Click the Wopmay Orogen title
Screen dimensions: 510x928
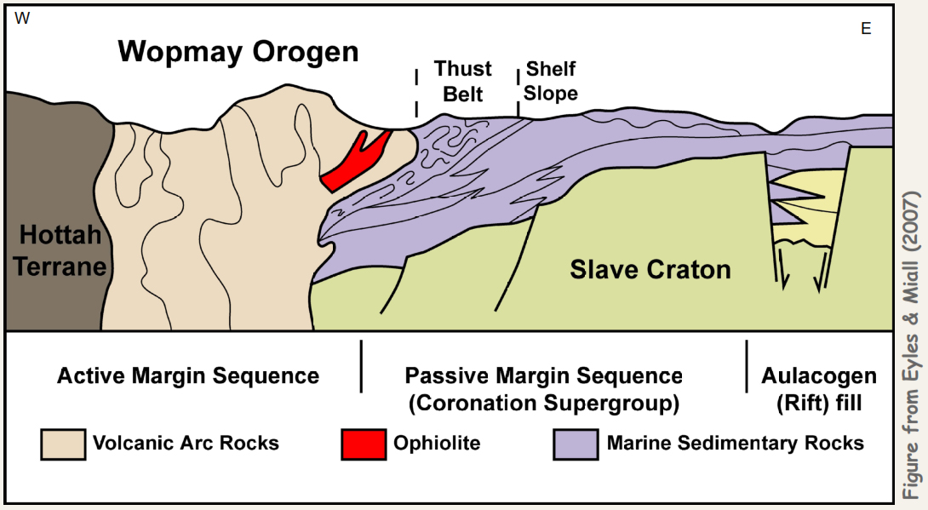coord(238,52)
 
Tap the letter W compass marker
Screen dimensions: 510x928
coord(22,19)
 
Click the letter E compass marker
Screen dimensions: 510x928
coord(866,29)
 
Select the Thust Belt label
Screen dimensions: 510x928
coord(463,81)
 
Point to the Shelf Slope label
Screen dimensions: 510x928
coord(551,81)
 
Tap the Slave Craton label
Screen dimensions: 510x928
coord(650,270)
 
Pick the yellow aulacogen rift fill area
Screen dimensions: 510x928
coord(809,213)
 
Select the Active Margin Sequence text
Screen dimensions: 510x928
coord(188,375)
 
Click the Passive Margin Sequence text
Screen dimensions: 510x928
coord(543,375)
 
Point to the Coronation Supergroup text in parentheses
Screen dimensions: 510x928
coord(543,403)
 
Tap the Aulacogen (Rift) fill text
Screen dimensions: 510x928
coord(818,389)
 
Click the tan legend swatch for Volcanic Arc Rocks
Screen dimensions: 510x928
coord(63,444)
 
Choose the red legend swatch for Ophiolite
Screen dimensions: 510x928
coord(363,444)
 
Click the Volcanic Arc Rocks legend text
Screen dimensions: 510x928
coord(186,444)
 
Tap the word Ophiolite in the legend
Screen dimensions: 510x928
coord(437,444)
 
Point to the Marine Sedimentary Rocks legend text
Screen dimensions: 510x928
coord(735,444)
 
